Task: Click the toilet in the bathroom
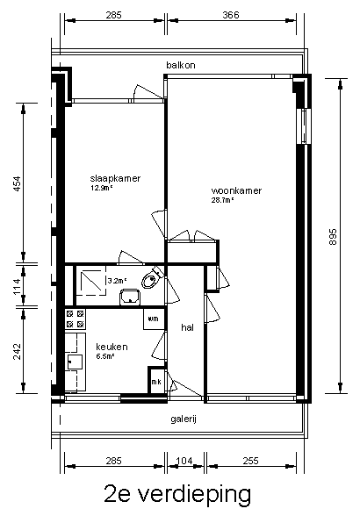pyautogui.click(x=152, y=278)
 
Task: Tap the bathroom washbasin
pyautogui.click(x=131, y=297)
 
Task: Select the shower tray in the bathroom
pyautogui.click(x=91, y=281)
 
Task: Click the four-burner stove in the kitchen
pyautogui.click(x=76, y=319)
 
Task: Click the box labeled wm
pyautogui.click(x=154, y=319)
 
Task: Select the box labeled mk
pyautogui.click(x=156, y=381)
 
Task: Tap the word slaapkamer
pyautogui.click(x=115, y=178)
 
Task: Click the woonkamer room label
pyautogui.click(x=236, y=190)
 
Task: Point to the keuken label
pyautogui.click(x=112, y=347)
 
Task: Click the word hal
pyautogui.click(x=187, y=327)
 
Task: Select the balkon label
pyautogui.click(x=181, y=65)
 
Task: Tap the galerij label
pyautogui.click(x=184, y=419)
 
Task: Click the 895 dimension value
pyautogui.click(x=333, y=236)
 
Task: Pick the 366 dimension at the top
pyautogui.click(x=231, y=15)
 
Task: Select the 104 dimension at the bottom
pyautogui.click(x=184, y=461)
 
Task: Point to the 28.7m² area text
pyautogui.click(x=223, y=200)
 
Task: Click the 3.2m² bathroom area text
pyautogui.click(x=118, y=281)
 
